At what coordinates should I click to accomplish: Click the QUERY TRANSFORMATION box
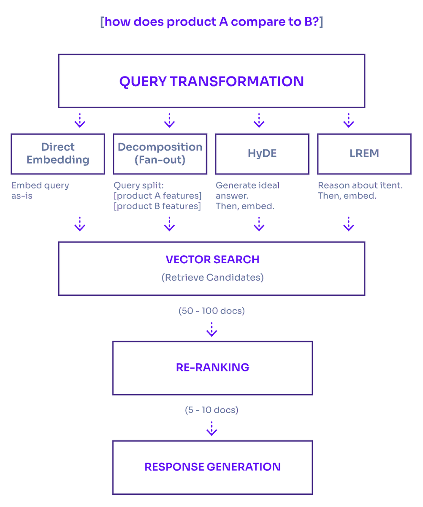point(211,81)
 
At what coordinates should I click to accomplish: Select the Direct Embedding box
point(58,154)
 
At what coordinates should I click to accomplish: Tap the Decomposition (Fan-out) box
point(160,154)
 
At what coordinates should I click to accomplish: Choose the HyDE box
point(262,154)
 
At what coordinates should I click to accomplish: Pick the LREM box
point(364,154)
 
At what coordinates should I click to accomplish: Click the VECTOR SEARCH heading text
point(212,259)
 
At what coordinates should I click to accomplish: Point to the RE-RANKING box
point(212,368)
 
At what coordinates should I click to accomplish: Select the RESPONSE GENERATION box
point(212,467)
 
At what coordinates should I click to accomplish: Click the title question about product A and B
point(211,22)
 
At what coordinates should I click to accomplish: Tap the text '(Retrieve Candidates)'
point(212,278)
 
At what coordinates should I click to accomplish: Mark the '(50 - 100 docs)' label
point(211,311)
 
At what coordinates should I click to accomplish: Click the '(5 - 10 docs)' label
point(211,410)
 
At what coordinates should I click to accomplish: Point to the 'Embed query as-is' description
point(40,191)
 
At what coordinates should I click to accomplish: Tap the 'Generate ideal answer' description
point(248,191)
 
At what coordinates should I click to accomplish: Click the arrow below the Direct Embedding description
point(80,224)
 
